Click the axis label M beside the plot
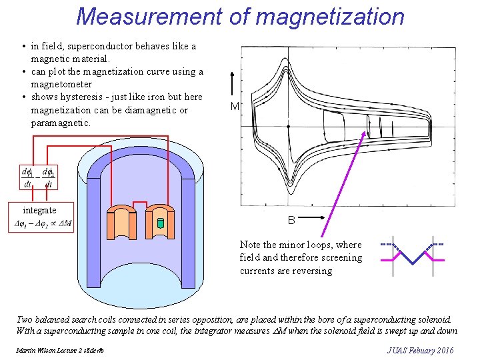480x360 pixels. (235, 107)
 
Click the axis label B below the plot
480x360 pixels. (291, 220)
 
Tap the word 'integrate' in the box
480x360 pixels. (40, 210)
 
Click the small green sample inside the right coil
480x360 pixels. (160, 222)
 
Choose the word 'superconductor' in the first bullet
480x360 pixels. (102, 47)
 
